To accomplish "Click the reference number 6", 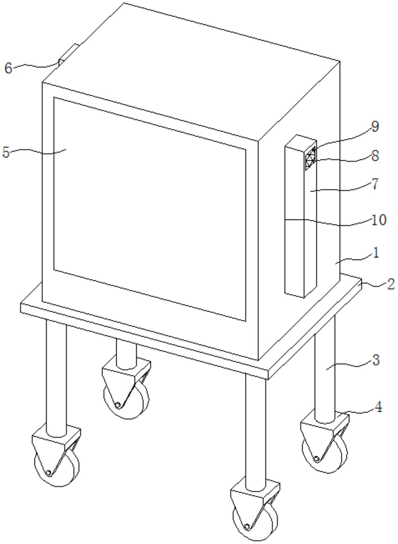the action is point(8,69).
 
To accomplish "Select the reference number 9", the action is point(375,126).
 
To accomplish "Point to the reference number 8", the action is point(375,156).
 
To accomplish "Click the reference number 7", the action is point(375,184).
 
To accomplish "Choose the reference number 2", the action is point(391,284).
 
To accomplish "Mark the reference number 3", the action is point(376,360).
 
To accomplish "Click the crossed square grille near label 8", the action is point(311,158).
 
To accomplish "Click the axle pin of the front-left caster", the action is point(48,473).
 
